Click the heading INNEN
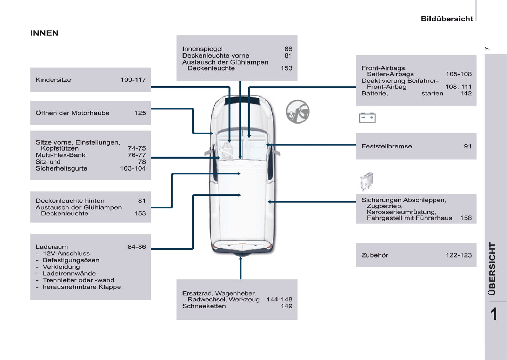(x=44, y=33)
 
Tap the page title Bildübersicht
(x=447, y=19)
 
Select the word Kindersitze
(x=53, y=80)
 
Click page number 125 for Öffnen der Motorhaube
(x=140, y=113)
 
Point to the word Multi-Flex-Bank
(x=60, y=155)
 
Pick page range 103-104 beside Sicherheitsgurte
(x=133, y=168)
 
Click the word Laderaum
(x=52, y=247)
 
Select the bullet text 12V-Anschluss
(x=66, y=254)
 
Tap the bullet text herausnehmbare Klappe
(x=81, y=287)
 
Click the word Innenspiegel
(x=202, y=49)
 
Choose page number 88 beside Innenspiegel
(x=288, y=49)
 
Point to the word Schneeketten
(x=204, y=306)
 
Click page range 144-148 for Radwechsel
(x=279, y=300)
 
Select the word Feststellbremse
(x=387, y=146)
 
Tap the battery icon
(x=367, y=118)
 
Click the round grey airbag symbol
(x=298, y=112)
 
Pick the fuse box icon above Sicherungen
(x=366, y=181)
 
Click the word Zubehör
(x=375, y=255)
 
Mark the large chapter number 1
(x=494, y=314)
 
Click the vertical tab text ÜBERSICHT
(x=492, y=269)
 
